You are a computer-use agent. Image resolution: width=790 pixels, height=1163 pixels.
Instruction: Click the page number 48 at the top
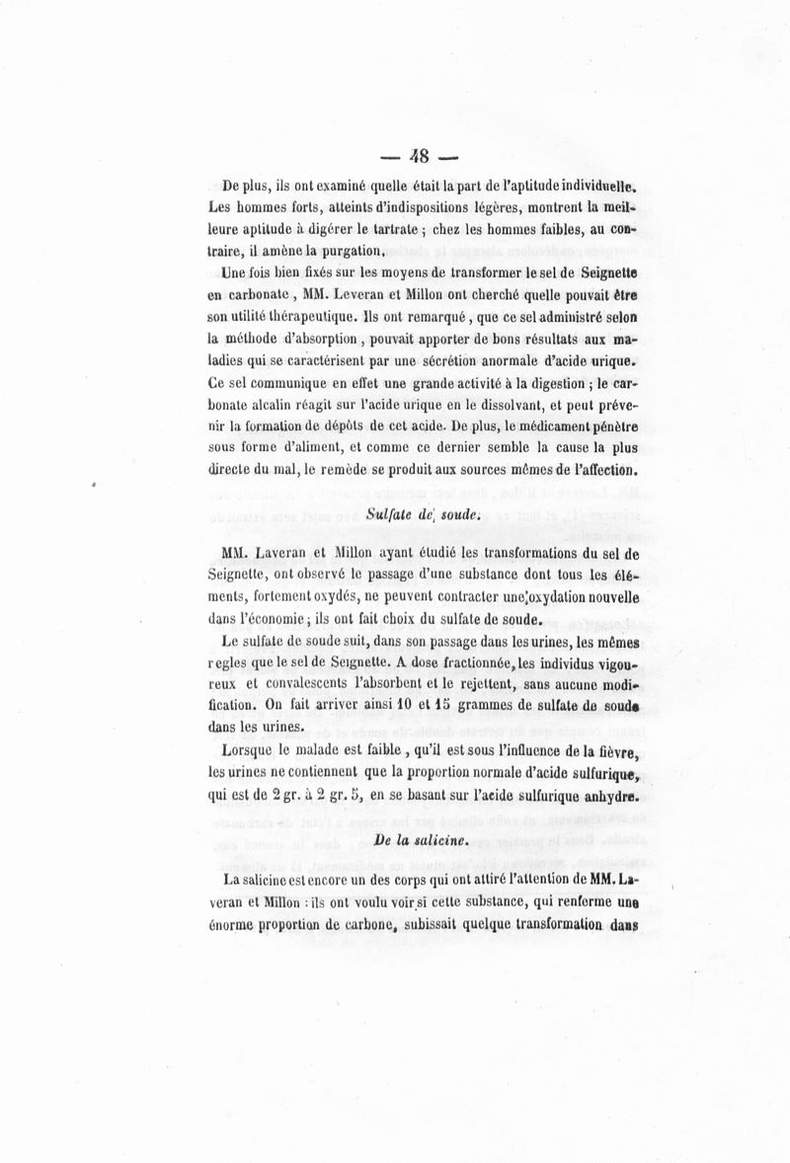[421, 155]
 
